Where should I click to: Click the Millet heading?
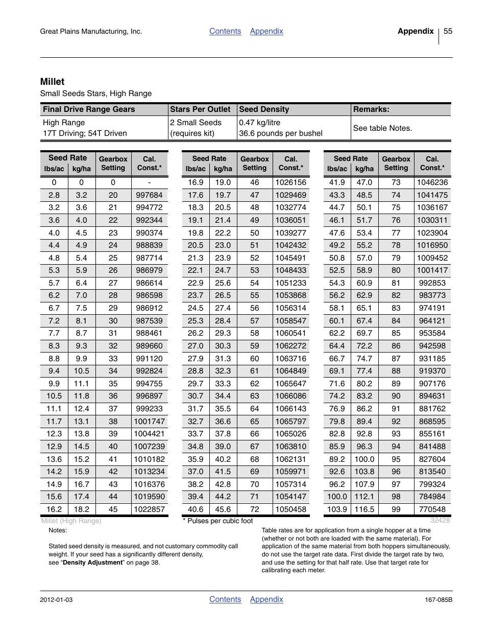[x=52, y=82]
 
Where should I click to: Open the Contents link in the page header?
[x=225, y=31]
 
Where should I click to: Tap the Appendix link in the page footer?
[x=266, y=599]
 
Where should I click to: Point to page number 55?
[x=448, y=31]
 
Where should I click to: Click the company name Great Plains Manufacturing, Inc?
[x=91, y=32]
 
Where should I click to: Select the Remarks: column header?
[x=371, y=109]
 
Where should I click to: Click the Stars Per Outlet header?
[x=200, y=109]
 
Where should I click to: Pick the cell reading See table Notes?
[x=382, y=128]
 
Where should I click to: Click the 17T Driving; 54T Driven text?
[x=85, y=133]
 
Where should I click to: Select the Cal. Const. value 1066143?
[x=291, y=409]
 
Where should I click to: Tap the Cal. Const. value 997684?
[x=149, y=195]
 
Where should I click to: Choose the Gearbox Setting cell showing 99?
[x=396, y=509]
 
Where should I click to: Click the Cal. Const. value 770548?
[x=432, y=509]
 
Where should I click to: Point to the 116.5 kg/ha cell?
[x=364, y=509]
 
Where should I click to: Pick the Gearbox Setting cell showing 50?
[x=255, y=233]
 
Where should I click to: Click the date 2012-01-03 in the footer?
[x=56, y=600]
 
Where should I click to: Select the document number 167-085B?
[x=439, y=600]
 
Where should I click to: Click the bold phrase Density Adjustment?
[x=92, y=563]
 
